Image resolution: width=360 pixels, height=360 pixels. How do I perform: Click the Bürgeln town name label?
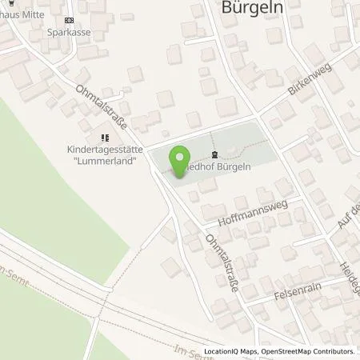(253, 10)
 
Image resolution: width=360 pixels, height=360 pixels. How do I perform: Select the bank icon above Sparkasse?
(70, 21)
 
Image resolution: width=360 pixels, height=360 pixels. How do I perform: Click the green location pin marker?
(180, 158)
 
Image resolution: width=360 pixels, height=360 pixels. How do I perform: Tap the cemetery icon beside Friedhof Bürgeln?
(214, 155)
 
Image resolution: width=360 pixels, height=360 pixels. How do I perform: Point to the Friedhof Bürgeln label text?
(223, 167)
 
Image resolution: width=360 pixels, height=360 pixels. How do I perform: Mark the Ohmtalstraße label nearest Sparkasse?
(98, 110)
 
